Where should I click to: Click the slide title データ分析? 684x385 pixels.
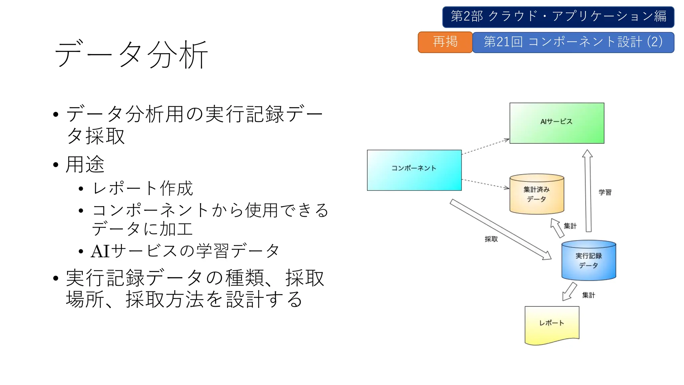point(131,54)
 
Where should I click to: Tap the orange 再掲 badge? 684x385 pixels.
point(445,42)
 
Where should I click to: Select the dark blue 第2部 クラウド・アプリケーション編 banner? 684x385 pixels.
point(558,17)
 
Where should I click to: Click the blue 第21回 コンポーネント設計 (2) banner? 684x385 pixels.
point(573,42)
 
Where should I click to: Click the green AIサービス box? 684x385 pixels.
point(557,123)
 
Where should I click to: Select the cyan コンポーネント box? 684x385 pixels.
point(414,170)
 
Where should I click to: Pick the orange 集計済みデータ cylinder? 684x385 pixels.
point(537,194)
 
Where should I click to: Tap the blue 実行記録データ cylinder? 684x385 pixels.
point(588,260)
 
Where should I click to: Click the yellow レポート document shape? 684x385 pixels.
point(552,324)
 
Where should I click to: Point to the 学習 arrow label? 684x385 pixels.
point(605,192)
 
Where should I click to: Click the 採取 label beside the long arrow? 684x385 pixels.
point(491,239)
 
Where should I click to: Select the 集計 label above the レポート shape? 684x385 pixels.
point(588,295)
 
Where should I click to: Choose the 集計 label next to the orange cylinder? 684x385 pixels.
point(570,226)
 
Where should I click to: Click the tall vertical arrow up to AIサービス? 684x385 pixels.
point(588,190)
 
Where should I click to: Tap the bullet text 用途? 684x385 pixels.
point(85,164)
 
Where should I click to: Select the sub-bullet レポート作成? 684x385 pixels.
point(143,188)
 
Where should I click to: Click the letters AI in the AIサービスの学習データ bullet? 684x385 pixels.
point(100,251)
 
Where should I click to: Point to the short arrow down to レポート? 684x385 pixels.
point(569,291)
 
